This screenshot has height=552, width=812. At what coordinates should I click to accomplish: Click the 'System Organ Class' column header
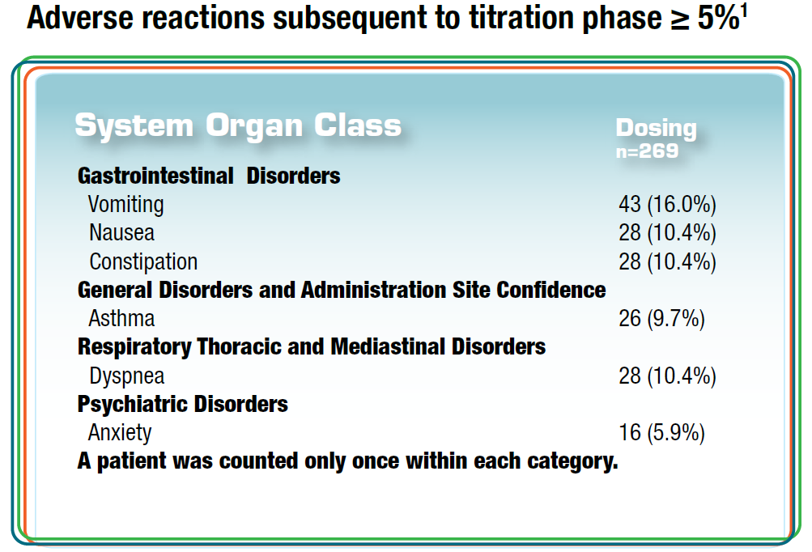coord(238,125)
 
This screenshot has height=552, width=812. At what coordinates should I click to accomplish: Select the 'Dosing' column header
coord(655,128)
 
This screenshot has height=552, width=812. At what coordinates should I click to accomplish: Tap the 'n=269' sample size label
coord(647,151)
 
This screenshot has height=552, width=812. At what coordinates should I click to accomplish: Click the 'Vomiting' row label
coord(125,204)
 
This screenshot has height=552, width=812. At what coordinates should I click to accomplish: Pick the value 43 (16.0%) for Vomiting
coord(667,204)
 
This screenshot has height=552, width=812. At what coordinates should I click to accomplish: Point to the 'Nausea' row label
coord(121,233)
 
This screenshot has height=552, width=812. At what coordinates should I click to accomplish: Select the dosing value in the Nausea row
coord(667,233)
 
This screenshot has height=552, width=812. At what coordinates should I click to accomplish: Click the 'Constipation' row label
coord(143,262)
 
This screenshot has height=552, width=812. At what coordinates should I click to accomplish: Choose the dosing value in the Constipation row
coord(667,262)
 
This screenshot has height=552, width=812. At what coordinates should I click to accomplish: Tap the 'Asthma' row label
coord(121,319)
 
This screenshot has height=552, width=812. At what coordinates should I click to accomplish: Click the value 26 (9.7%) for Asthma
coord(661,319)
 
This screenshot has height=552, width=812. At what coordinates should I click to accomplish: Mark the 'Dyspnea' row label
coord(126,376)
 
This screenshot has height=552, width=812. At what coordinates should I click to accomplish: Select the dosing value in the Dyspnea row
coord(667,376)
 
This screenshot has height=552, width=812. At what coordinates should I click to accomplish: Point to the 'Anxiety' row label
coord(120,433)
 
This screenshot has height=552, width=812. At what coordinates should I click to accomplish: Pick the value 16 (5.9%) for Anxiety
coord(661,433)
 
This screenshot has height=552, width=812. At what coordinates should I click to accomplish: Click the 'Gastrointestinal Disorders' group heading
coord(209,176)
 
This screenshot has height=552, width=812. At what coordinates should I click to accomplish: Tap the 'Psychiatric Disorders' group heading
coord(183,404)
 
